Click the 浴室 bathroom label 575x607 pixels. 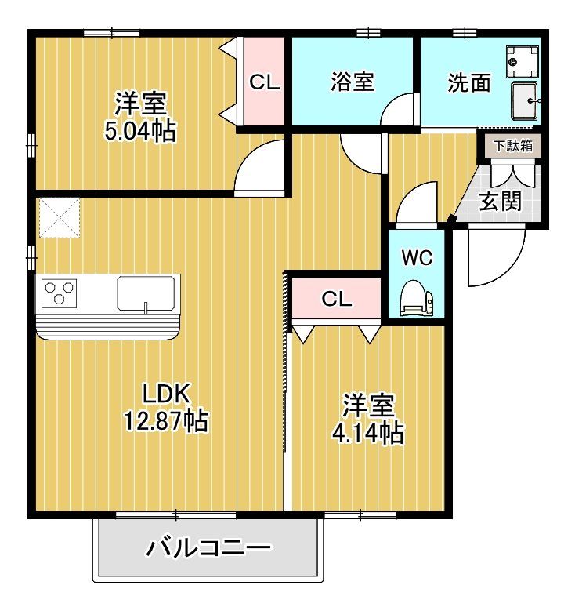[x=352, y=82]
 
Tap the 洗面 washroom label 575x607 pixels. [x=469, y=83]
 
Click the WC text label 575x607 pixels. [x=417, y=257]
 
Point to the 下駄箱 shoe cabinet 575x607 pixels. [x=513, y=146]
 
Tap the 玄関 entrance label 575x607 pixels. [x=501, y=202]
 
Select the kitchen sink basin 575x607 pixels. [x=146, y=293]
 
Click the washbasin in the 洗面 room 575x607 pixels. [x=525, y=101]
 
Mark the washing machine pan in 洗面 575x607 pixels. [x=523, y=61]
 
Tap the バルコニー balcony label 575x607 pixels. [x=208, y=547]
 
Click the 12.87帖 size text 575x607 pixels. [x=166, y=420]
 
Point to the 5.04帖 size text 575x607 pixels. [x=140, y=131]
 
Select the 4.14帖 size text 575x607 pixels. [x=367, y=432]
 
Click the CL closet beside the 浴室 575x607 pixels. [x=264, y=82]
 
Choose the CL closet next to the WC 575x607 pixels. [x=337, y=299]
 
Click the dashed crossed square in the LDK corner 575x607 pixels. [x=60, y=217]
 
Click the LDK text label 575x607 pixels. [x=166, y=394]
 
